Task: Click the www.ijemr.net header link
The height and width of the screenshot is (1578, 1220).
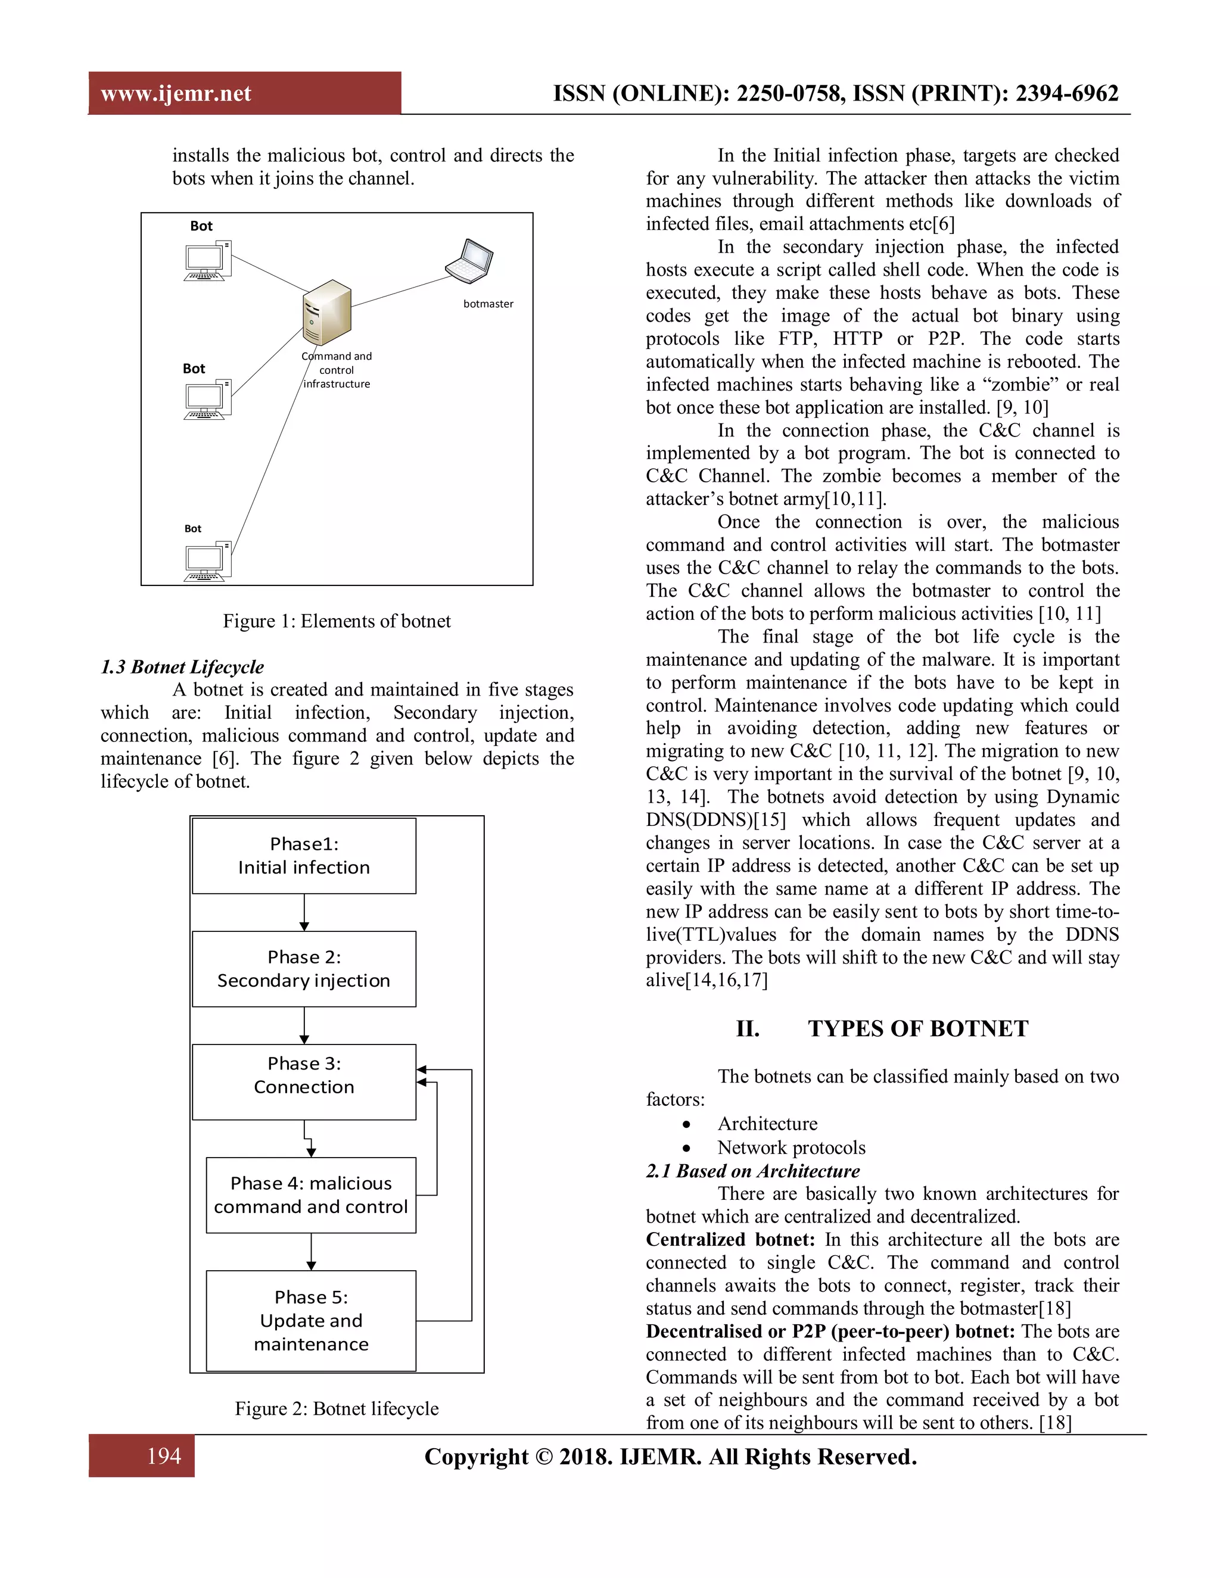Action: point(176,93)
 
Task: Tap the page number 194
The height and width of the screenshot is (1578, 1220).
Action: point(164,1455)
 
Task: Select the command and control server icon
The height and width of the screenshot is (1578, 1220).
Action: point(326,312)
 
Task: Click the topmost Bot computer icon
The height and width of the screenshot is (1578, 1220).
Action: point(207,261)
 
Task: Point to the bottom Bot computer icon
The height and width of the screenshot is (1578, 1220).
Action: point(207,562)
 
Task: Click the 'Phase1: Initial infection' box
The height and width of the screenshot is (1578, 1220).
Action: point(304,856)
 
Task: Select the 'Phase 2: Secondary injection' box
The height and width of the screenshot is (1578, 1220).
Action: point(304,968)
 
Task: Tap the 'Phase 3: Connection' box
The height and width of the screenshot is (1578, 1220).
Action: point(304,1081)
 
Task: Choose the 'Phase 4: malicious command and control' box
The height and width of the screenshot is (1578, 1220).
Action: point(311,1195)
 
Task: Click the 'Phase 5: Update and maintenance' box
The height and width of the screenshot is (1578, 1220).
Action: point(311,1320)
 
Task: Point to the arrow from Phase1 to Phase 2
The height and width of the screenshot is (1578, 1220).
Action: point(304,912)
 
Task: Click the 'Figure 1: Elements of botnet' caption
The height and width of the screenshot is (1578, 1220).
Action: point(336,621)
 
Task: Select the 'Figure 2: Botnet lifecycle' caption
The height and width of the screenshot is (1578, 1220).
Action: point(336,1408)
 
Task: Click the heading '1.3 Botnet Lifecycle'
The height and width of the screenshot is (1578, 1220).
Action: point(182,666)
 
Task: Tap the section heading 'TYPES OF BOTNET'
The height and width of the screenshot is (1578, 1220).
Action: point(917,1028)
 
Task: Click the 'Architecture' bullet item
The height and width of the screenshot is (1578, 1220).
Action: point(767,1124)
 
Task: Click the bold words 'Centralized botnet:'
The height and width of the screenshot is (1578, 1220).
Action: point(730,1239)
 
